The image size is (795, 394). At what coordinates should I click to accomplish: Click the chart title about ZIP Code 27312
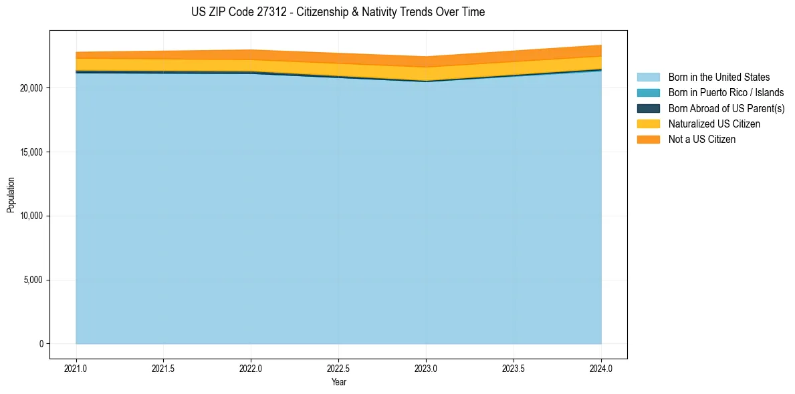click(338, 12)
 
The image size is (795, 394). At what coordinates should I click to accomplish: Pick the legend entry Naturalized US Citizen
click(714, 124)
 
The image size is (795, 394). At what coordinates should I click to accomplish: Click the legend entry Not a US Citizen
click(701, 139)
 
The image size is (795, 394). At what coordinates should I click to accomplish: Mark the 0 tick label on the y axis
click(41, 344)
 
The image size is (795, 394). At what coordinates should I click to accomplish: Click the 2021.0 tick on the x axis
click(76, 368)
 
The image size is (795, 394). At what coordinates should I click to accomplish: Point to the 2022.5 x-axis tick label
click(339, 368)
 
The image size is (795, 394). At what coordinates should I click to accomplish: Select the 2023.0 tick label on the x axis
click(426, 368)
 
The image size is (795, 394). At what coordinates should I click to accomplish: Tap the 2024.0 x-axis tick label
click(601, 368)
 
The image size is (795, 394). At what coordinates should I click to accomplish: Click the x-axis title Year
click(339, 382)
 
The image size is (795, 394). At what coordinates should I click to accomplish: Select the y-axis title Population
click(11, 195)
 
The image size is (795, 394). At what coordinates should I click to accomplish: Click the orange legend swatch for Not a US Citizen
click(648, 139)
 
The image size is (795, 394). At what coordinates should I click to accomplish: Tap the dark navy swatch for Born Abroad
click(648, 108)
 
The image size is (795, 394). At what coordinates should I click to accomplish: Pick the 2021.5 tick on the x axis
click(164, 368)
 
